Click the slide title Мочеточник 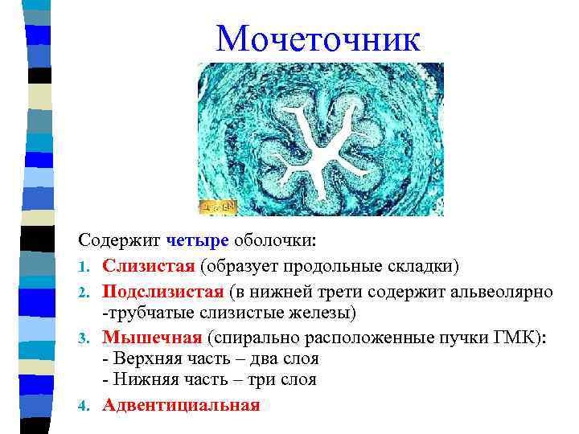click(x=318, y=39)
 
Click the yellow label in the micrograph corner click(x=218, y=207)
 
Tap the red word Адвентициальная click(x=181, y=404)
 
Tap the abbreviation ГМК click(x=521, y=337)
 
